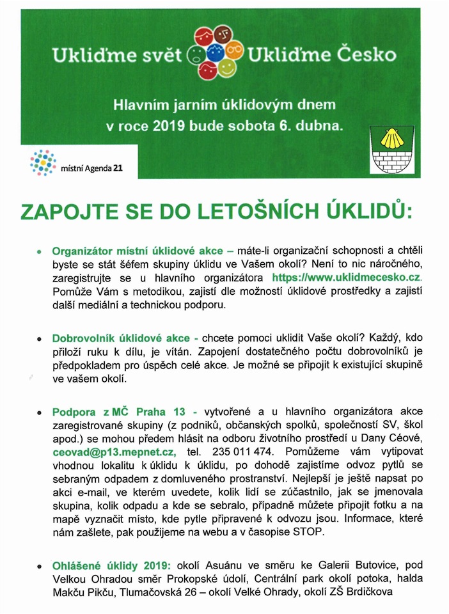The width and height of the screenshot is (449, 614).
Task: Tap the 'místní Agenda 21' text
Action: pyautogui.click(x=91, y=168)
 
